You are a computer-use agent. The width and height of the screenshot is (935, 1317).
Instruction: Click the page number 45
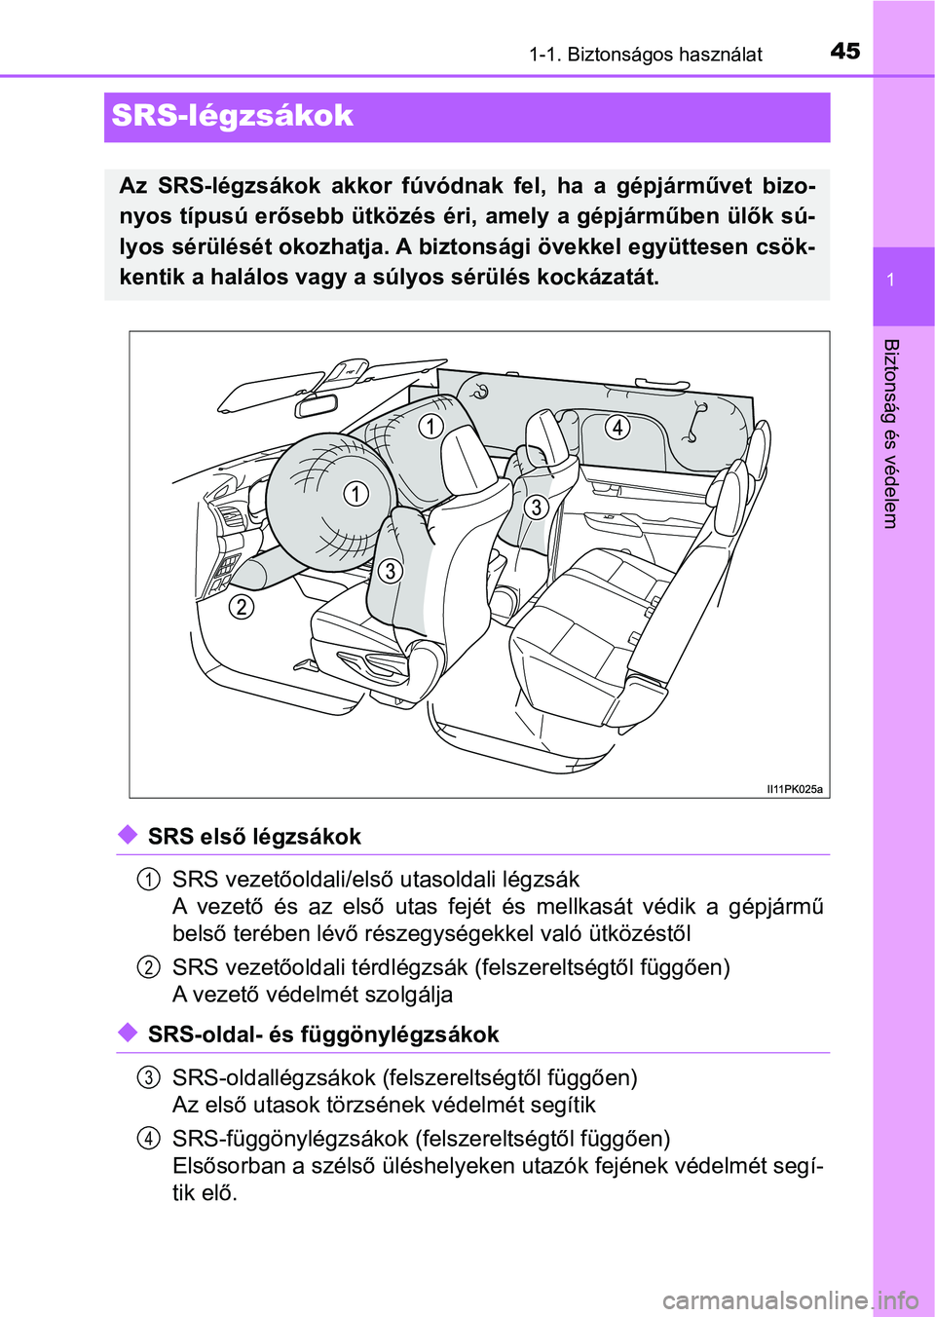coord(845,51)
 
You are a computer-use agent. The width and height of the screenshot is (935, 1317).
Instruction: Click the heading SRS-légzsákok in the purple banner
coord(232,116)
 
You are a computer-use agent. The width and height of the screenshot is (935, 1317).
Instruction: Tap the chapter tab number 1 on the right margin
coord(890,280)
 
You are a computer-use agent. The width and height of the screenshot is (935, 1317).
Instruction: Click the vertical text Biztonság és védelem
coord(890,433)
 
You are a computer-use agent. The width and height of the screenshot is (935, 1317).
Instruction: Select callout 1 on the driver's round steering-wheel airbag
coord(356,494)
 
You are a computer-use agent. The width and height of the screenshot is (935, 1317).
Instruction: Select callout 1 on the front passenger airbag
coord(430,426)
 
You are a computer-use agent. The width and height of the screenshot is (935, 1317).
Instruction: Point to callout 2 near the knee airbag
coord(241,607)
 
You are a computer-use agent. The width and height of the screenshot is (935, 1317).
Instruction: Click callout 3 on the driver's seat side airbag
coord(390,571)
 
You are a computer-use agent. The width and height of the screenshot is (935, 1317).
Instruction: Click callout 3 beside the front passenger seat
coord(536,508)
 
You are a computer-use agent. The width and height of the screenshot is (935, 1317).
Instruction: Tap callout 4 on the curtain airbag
coord(617,427)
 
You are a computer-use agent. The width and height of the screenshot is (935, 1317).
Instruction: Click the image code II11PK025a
coord(794,789)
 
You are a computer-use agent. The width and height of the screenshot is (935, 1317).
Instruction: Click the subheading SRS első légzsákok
coord(254,837)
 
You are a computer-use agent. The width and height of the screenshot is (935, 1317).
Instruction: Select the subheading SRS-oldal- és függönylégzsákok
coord(323,1035)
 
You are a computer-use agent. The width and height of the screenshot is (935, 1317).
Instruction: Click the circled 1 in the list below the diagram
coord(148,880)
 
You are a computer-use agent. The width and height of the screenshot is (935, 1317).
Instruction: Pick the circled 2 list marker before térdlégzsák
coord(148,967)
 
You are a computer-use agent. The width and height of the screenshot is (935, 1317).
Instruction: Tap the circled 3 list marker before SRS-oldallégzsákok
coord(148,1077)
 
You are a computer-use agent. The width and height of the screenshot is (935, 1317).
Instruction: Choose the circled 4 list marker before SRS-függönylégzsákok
coord(148,1139)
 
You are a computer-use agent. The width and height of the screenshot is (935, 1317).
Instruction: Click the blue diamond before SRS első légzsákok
coord(128,835)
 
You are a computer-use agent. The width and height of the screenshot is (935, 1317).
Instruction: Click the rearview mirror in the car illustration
coord(318,404)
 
